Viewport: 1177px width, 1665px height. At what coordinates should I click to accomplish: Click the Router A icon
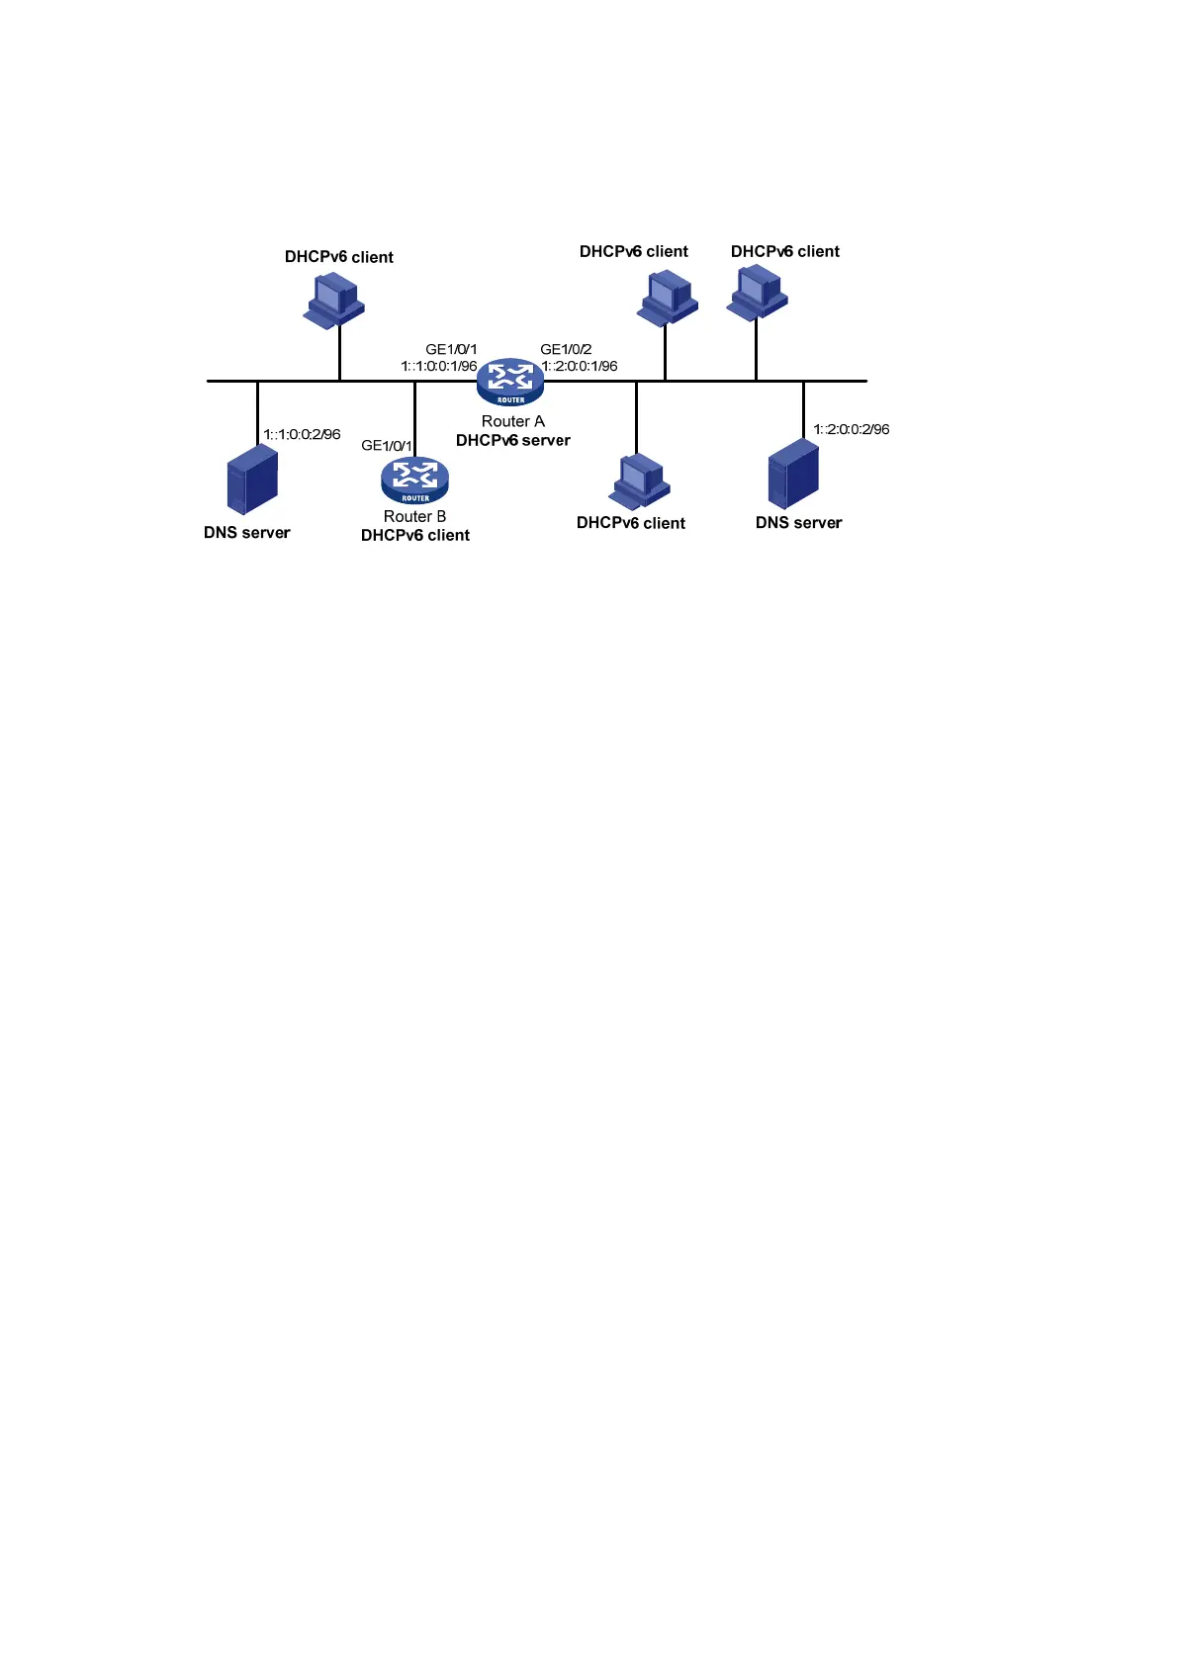point(510,381)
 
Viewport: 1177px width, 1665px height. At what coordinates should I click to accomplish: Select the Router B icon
point(414,480)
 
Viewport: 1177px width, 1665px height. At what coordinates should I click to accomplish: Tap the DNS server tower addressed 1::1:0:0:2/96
point(251,479)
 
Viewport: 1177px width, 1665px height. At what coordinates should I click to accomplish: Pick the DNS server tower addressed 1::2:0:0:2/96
point(793,474)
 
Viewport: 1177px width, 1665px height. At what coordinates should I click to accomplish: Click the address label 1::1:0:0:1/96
point(439,366)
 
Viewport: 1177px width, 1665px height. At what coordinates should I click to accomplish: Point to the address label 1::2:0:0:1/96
point(580,366)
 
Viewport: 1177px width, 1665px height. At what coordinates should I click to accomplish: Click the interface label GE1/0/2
point(566,349)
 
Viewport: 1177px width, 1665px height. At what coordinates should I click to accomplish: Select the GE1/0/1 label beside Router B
point(387,446)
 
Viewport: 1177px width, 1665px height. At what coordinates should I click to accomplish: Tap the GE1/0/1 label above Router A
point(451,349)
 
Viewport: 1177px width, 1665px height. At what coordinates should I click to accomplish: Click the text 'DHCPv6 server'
point(512,440)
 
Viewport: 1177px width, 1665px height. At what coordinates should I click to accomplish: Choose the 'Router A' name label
point(512,421)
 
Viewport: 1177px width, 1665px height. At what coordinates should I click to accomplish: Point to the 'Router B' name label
point(414,516)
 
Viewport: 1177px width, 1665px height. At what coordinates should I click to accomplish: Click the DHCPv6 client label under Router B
point(414,535)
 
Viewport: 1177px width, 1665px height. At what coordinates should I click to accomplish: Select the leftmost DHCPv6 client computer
point(333,300)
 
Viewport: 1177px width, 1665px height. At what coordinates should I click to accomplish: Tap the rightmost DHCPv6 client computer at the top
point(758,293)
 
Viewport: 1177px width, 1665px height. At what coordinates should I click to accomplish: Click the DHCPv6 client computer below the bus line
point(640,482)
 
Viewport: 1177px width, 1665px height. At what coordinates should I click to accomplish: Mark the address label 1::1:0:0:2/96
point(302,434)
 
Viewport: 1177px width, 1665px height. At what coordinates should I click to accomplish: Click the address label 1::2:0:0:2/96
point(851,429)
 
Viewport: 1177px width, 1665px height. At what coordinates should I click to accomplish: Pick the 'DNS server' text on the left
point(246,532)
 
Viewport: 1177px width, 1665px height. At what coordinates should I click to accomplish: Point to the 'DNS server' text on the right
point(798,522)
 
